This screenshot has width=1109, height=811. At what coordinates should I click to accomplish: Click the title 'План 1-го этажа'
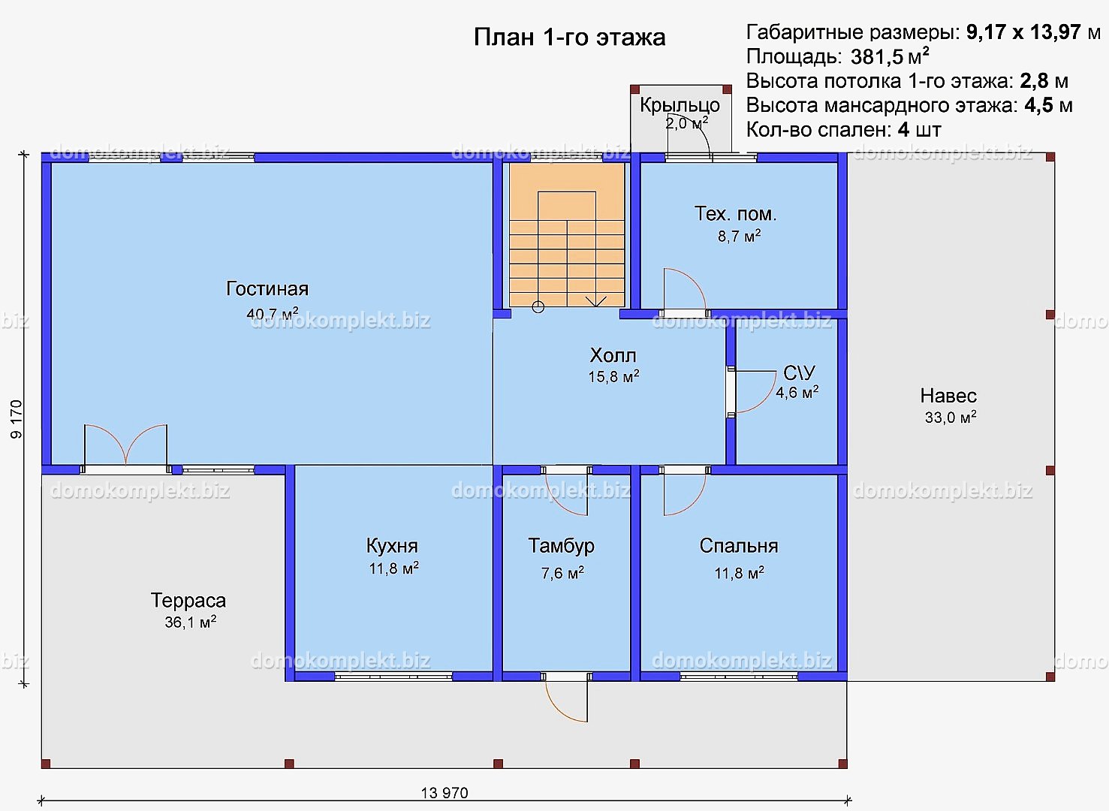(x=569, y=37)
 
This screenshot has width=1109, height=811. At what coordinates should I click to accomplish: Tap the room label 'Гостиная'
(x=267, y=288)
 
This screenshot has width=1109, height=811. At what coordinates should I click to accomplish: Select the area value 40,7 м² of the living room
(x=273, y=313)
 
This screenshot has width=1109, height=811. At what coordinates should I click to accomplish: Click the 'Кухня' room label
(x=392, y=546)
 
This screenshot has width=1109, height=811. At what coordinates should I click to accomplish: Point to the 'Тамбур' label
(x=562, y=546)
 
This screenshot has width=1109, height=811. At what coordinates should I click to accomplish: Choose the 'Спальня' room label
(x=739, y=546)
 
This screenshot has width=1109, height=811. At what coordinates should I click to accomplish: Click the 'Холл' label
(x=613, y=355)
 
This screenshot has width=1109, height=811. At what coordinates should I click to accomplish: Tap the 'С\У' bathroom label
(x=799, y=372)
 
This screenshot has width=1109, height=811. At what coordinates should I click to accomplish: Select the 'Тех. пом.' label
(x=736, y=213)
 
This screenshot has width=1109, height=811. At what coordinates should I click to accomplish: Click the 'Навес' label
(x=948, y=396)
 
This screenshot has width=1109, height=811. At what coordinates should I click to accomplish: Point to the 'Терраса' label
(x=188, y=601)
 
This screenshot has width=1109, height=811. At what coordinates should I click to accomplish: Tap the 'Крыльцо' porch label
(x=680, y=105)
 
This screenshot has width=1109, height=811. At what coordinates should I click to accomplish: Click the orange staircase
(x=567, y=235)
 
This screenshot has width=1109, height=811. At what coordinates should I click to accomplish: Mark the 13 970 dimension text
(x=444, y=793)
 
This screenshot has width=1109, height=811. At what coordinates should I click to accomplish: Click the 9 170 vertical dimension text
(x=17, y=419)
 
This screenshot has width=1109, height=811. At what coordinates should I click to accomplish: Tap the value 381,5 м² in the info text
(x=889, y=56)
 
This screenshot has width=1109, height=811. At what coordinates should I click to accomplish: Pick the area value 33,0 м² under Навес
(x=951, y=417)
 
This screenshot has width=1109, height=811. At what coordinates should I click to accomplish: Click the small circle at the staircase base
(x=538, y=307)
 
